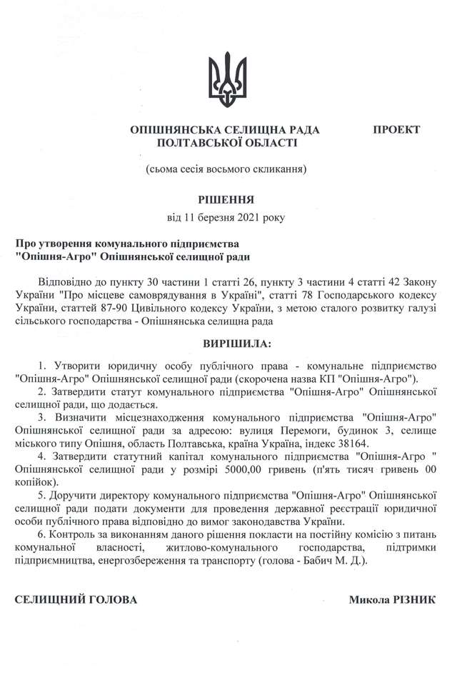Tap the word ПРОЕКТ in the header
(396, 129)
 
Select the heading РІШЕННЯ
(227, 199)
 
